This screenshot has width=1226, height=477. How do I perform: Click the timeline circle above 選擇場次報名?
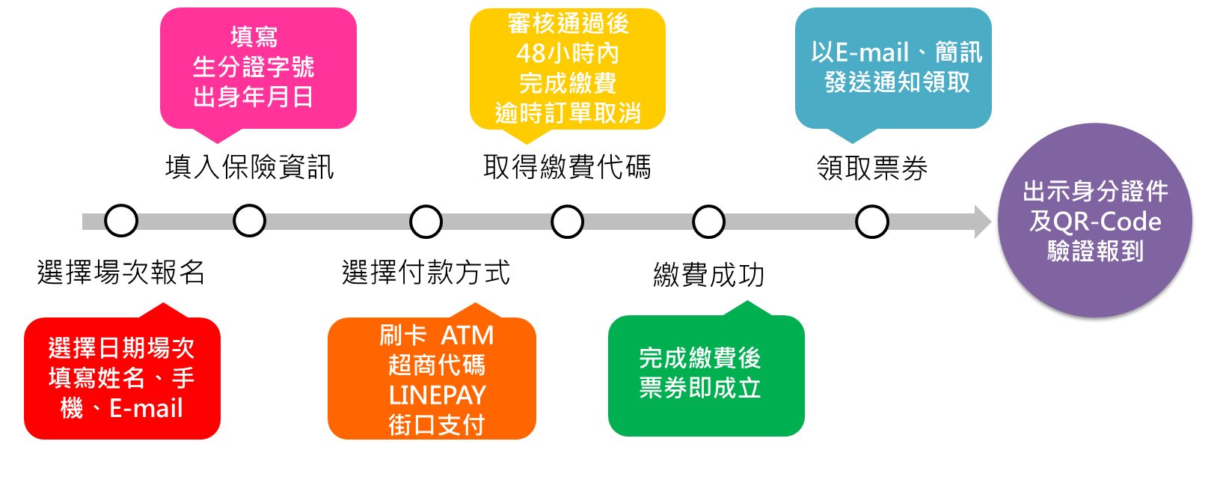pyautogui.click(x=121, y=221)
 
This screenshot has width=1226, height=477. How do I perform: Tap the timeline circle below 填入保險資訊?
pyautogui.click(x=249, y=221)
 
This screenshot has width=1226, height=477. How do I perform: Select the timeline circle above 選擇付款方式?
pyautogui.click(x=426, y=222)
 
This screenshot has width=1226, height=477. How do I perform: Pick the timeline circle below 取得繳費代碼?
pyautogui.click(x=567, y=222)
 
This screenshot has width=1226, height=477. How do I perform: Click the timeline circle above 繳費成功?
pyautogui.click(x=708, y=222)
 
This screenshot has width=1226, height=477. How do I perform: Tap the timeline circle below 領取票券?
pyautogui.click(x=872, y=222)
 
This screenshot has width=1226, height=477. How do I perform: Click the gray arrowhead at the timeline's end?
pyautogui.click(x=982, y=222)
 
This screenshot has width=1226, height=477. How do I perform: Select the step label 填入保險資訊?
pyautogui.click(x=249, y=167)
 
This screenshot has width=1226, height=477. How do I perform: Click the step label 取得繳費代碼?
pyautogui.click(x=567, y=167)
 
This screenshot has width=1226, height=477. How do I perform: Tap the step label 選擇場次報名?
pyautogui.click(x=121, y=272)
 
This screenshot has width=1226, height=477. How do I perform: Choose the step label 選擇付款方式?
pyautogui.click(x=426, y=272)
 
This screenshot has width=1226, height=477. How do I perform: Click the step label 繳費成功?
pyautogui.click(x=708, y=275)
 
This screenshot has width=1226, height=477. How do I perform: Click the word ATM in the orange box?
pyautogui.click(x=468, y=335)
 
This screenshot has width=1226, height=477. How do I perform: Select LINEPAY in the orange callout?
pyautogui.click(x=437, y=395)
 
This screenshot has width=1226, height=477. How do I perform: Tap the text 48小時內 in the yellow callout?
pyautogui.click(x=567, y=53)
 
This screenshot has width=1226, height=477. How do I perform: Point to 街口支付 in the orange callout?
pyautogui.click(x=436, y=425)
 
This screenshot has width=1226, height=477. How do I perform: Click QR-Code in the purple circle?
pyautogui.click(x=1107, y=222)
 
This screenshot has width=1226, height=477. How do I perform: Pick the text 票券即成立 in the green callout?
pyautogui.click(x=699, y=388)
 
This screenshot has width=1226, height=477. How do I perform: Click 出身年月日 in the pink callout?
pyautogui.click(x=253, y=97)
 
